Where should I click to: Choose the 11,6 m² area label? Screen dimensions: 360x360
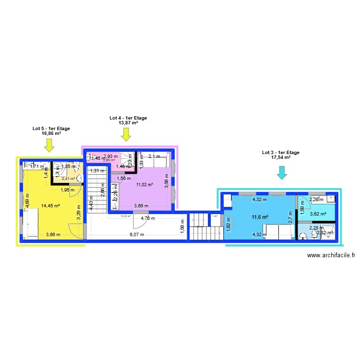pyautogui.click(x=260, y=216)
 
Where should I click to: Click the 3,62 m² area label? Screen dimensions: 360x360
pyautogui.click(x=318, y=214)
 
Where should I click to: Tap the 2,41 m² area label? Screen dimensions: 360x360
pyautogui.click(x=68, y=179)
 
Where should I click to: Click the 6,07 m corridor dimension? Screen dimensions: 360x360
pyautogui.click(x=137, y=235)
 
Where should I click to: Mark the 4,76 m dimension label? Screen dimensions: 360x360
pyautogui.click(x=148, y=218)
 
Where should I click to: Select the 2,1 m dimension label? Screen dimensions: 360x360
pyautogui.click(x=154, y=156)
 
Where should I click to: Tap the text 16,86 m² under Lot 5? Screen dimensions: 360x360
pyautogui.click(x=51, y=133)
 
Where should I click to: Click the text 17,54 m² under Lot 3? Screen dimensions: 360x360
pyautogui.click(x=281, y=157)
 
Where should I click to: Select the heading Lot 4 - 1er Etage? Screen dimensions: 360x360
pyautogui.click(x=128, y=118)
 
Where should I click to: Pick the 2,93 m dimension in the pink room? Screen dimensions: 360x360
pyautogui.click(x=110, y=156)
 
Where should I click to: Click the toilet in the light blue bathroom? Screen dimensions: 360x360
pyautogui.click(x=303, y=236)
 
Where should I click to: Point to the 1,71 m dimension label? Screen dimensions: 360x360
pyautogui.click(x=37, y=167)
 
